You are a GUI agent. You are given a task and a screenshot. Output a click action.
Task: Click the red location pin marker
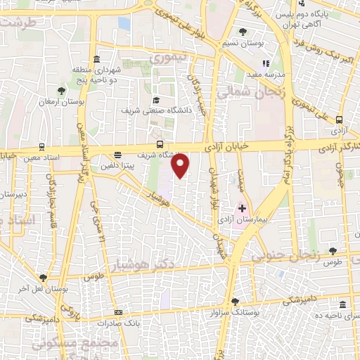pyautogui.click(x=181, y=166)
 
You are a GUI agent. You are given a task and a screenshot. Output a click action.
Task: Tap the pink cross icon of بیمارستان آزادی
pyautogui.click(x=242, y=208)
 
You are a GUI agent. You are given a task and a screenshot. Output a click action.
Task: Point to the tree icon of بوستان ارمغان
pyautogui.click(x=61, y=91)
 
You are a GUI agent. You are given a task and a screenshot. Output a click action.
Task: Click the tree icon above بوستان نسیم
pyautogui.click(x=243, y=32)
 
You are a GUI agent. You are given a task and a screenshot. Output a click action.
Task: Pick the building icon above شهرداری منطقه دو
pyautogui.click(x=96, y=58)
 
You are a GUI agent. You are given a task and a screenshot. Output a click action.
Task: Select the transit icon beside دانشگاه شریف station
pyautogui.click(x=160, y=144)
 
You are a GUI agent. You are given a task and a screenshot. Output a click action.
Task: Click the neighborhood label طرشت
pyautogui.click(x=18, y=22)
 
